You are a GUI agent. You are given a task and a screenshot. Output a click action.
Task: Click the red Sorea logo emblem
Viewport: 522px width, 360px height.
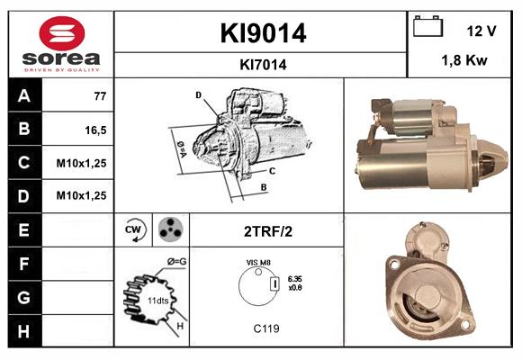tap(62, 33)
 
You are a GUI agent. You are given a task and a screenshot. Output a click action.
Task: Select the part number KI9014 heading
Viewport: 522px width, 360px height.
tap(263, 33)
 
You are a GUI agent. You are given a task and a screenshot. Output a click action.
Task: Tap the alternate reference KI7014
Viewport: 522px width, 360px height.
tap(263, 65)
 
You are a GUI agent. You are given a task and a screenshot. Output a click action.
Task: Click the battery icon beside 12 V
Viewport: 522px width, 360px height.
tap(427, 26)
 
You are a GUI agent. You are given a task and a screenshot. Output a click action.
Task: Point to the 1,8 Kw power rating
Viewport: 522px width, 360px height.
tap(464, 60)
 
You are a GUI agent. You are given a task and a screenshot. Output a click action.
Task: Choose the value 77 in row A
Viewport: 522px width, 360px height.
tap(100, 96)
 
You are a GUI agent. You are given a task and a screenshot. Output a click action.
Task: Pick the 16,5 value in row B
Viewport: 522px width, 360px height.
tap(95, 130)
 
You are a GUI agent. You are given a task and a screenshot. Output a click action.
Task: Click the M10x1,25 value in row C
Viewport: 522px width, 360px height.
tap(81, 163)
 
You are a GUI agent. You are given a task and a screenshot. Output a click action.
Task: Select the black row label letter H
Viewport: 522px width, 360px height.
tap(23, 331)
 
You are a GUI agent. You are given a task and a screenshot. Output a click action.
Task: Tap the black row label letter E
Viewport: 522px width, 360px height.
tap(23, 230)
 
